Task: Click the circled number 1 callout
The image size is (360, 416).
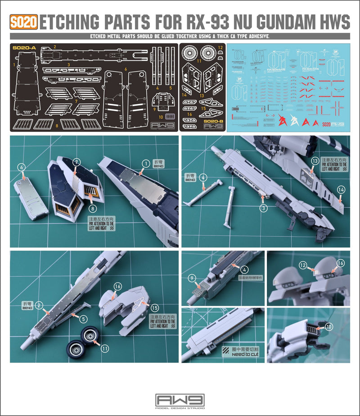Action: pos(145,164)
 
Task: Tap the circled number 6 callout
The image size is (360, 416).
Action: pos(20,167)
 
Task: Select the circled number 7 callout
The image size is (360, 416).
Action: pos(77,161)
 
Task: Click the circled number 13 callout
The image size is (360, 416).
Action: pos(315,161)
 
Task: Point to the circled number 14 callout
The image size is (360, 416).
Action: pos(341,190)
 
